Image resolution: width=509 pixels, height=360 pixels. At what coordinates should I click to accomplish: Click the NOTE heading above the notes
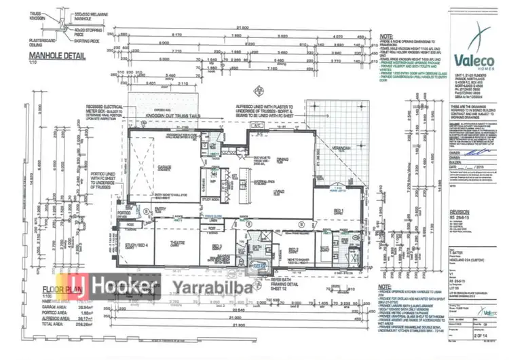pyautogui.click(x=388, y=39)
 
